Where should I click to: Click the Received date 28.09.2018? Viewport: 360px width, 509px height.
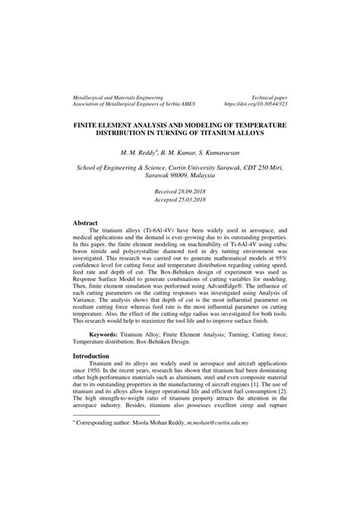(x=179, y=191)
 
